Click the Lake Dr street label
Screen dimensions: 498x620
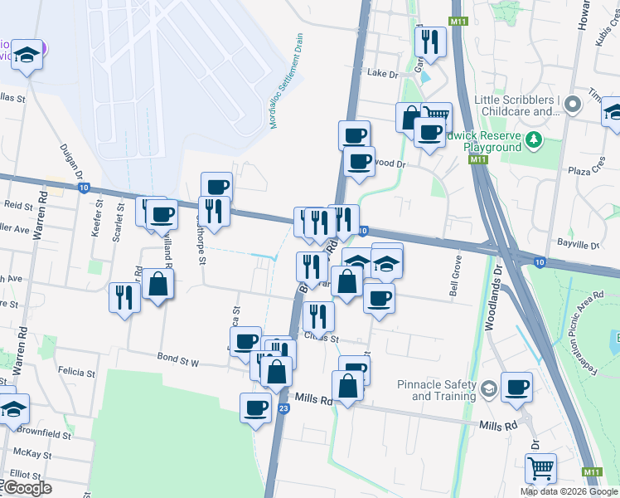[382, 73]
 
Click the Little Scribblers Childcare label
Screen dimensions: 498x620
[515, 105]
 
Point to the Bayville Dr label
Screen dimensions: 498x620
[579, 246]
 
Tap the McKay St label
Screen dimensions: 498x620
[33, 455]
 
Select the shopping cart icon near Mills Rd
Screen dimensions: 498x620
[540, 467]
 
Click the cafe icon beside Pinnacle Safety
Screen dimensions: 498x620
[516, 385]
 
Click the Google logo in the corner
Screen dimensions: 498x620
[27, 488]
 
